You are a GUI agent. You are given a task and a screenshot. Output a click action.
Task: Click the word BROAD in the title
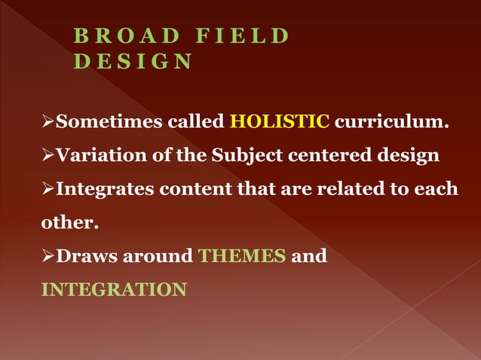[127, 36]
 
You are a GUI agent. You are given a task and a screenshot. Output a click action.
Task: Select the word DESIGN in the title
[133, 61]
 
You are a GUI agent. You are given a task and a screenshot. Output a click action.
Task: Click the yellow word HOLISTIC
[280, 121]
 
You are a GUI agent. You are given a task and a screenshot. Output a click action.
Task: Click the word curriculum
[392, 121]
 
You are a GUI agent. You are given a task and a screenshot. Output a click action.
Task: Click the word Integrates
[105, 188]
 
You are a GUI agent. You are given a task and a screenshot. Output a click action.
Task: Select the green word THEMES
[242, 256]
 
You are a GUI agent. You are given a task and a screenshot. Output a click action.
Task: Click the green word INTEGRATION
[113, 289]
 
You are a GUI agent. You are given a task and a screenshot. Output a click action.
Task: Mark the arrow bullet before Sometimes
[48, 122]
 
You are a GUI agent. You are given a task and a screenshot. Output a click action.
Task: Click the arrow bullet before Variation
[48, 156]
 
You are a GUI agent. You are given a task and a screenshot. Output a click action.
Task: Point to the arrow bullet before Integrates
[48, 189]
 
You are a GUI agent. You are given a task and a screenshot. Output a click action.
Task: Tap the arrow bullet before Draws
[48, 257]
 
